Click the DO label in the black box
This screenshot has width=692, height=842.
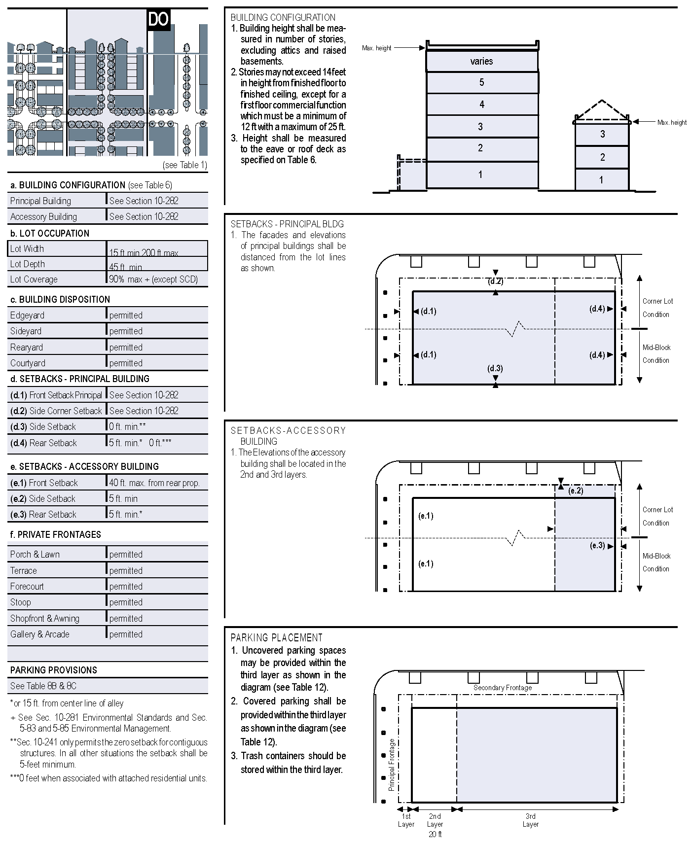click(158, 20)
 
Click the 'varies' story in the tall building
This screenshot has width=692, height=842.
click(481, 61)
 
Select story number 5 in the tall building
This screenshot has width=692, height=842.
click(481, 82)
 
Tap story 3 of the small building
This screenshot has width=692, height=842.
click(602, 134)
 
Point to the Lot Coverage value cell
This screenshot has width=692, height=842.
click(153, 280)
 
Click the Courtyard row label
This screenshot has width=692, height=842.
click(28, 363)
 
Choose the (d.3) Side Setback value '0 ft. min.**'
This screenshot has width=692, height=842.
click(128, 426)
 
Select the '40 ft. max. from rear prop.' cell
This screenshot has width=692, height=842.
click(154, 483)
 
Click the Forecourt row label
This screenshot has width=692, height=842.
click(27, 587)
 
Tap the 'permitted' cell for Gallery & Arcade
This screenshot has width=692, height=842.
click(126, 634)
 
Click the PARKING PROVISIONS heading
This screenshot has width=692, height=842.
click(54, 670)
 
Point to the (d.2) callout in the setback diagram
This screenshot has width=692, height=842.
click(495, 281)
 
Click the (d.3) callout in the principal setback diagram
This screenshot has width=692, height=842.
click(495, 368)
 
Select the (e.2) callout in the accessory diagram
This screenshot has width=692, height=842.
click(576, 491)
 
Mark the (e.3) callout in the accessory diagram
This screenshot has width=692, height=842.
click(597, 545)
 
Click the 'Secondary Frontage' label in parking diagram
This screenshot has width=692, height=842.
click(503, 688)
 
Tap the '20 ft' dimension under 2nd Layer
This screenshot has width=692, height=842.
click(435, 834)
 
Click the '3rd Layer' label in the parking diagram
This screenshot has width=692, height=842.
click(531, 820)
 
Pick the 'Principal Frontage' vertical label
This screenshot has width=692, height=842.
click(392, 765)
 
